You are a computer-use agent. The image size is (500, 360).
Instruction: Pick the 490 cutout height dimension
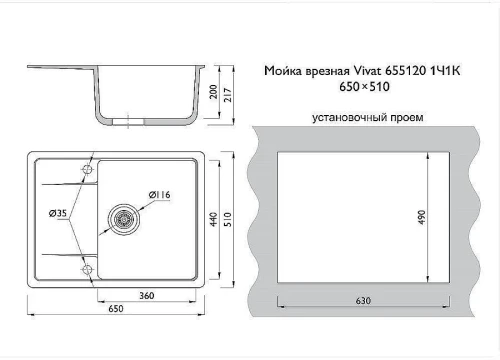click(x=422, y=217)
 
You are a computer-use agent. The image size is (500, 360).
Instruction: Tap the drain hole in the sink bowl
click(x=127, y=216)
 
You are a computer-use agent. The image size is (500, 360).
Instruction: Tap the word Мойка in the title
click(x=282, y=71)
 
